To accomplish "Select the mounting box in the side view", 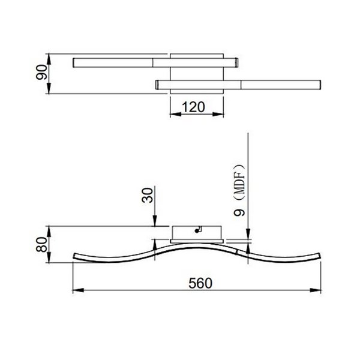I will pyautogui.click(x=197, y=233).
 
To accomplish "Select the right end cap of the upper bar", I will pyautogui.click(x=237, y=62).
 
